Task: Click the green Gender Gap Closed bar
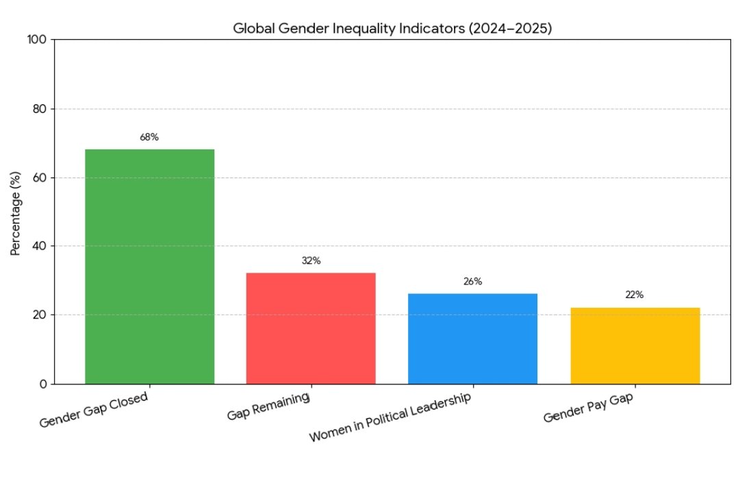coord(149,266)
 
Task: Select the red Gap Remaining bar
coord(311,328)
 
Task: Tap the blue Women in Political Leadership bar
coord(472,338)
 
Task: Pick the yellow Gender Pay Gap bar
coord(635,345)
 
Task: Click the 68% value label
coord(149,137)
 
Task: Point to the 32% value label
coord(311,260)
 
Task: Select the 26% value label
coord(472,281)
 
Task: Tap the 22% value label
coord(635,295)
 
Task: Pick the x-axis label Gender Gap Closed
coord(94,410)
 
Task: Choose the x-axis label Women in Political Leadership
coord(391,417)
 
